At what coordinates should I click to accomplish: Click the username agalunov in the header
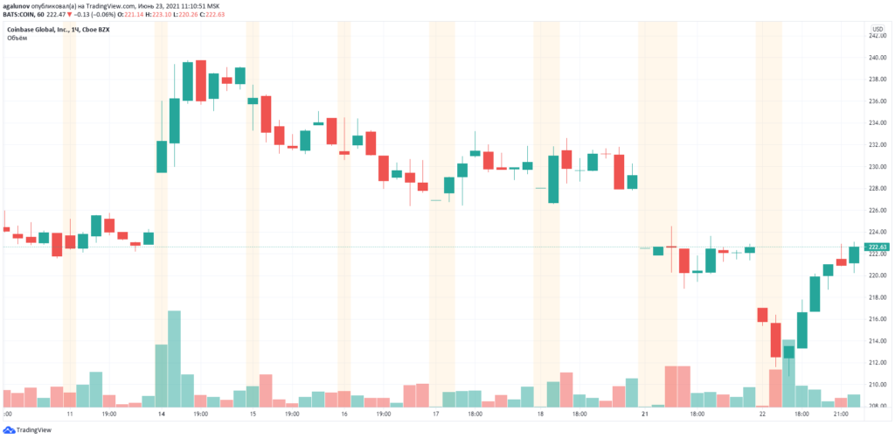click(x=21, y=5)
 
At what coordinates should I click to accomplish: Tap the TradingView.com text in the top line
click(x=117, y=5)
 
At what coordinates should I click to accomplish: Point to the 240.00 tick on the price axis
click(x=878, y=58)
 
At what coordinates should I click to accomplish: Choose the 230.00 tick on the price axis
click(x=878, y=167)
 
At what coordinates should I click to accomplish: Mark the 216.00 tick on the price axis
click(x=878, y=319)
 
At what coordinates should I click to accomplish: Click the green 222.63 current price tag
click(x=878, y=247)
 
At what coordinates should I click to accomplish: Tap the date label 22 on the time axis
click(x=762, y=413)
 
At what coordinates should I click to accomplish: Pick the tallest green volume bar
click(x=174, y=359)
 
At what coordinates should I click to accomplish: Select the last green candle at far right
click(x=854, y=254)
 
